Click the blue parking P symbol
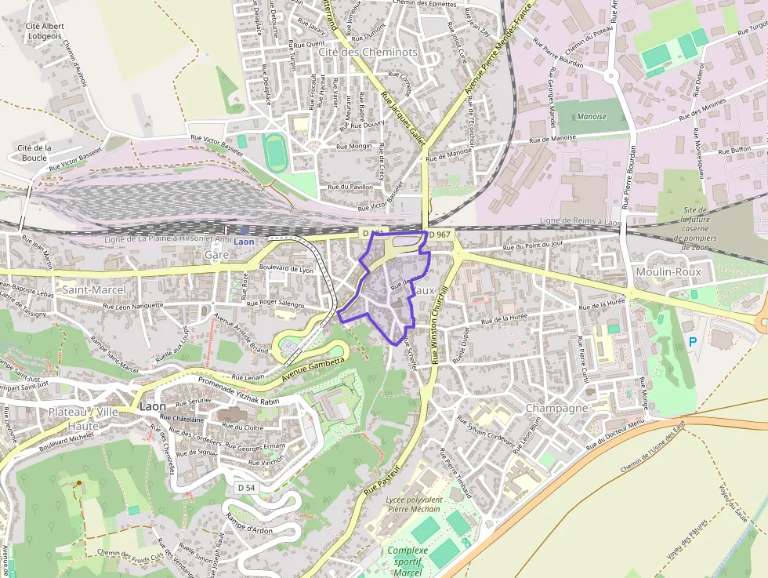(x=692, y=342)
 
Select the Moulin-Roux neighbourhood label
(x=668, y=271)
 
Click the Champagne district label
(x=556, y=409)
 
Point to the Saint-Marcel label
(x=94, y=289)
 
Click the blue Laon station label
(x=244, y=242)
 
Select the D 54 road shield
(x=246, y=488)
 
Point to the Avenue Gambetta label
(x=312, y=365)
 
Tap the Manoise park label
(x=591, y=116)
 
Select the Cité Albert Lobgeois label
(x=44, y=31)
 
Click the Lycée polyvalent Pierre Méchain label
(x=415, y=503)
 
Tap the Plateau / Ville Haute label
(x=84, y=419)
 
